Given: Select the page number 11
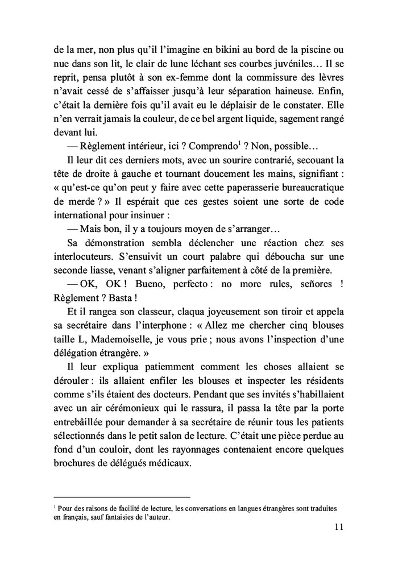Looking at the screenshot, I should coord(338,527).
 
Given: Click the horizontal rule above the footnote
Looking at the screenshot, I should coord(122,496).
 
